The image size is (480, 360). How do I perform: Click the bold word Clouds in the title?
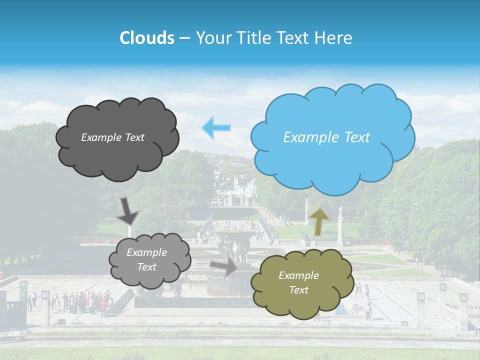click(146, 38)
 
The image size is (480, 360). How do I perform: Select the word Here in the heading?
click(334, 38)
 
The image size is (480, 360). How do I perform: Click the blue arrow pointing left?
click(216, 127)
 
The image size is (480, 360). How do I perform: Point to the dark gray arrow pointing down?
click(127, 210)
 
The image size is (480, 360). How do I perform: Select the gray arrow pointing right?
click(223, 266)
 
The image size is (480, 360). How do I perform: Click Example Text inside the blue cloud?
click(326, 137)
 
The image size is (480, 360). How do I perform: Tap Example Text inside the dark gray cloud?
click(112, 137)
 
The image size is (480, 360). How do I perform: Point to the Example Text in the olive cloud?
click(298, 282)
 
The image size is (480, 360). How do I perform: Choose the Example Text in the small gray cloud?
click(146, 260)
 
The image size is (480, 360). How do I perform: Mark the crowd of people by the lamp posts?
click(82, 301)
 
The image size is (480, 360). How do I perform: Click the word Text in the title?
click(294, 38)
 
